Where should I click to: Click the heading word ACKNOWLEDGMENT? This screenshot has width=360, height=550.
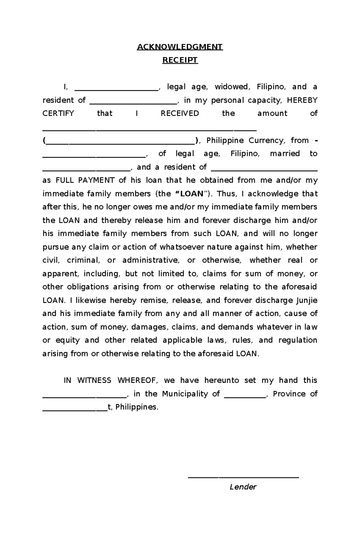(180, 47)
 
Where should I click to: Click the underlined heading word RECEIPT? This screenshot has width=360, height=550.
(180, 60)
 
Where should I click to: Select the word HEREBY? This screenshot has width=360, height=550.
(302, 100)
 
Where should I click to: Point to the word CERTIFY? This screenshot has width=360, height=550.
(58, 114)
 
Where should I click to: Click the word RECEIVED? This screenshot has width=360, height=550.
(180, 114)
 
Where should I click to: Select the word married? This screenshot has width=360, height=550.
(285, 154)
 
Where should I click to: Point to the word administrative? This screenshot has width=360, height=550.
(151, 260)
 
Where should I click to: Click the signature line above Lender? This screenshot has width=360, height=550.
(243, 477)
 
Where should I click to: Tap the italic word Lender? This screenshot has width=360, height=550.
(243, 487)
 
